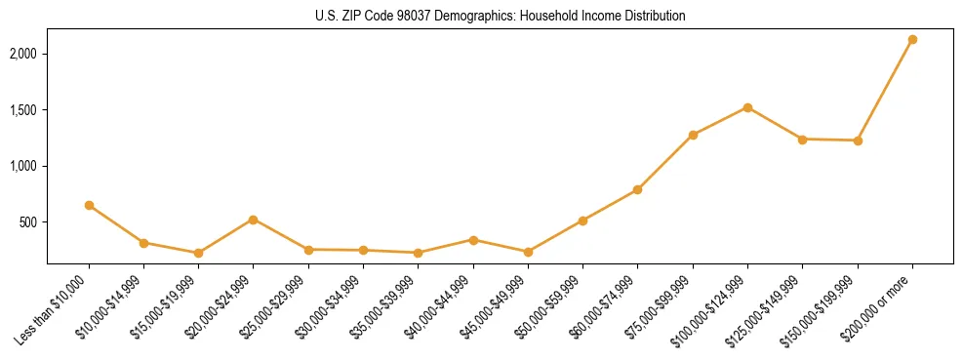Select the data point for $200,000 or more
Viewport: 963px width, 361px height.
pos(912,40)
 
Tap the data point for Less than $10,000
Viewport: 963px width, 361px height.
pos(89,205)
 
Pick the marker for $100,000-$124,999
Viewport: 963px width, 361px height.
pos(747,107)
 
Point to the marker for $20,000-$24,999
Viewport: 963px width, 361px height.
pos(254,220)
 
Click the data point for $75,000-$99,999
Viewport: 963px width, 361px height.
pos(693,135)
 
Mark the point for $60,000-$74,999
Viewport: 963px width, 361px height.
pos(637,189)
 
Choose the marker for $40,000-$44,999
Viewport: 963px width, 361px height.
pos(473,240)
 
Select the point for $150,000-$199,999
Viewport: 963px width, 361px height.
pos(858,140)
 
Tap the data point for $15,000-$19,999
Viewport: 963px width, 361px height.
pos(198,253)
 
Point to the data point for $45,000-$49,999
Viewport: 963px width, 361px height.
pos(528,252)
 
